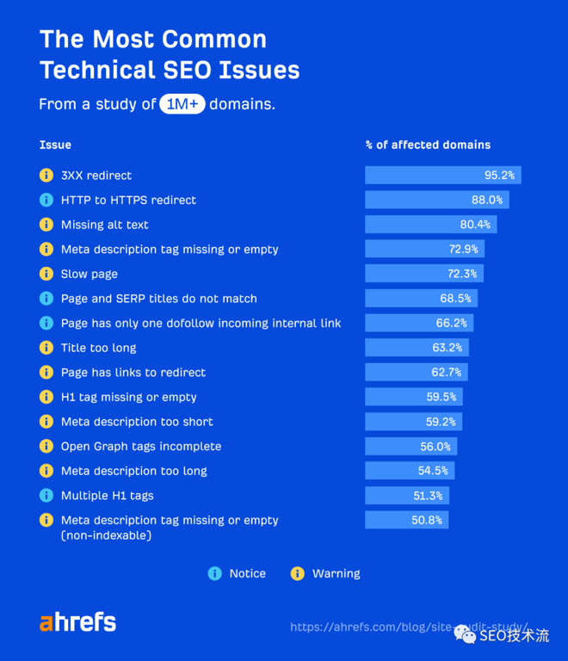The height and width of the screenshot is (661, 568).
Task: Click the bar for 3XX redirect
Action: point(442,176)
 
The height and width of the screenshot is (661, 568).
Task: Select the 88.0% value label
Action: point(486,201)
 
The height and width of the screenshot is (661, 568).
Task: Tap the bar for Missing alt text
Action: point(430,225)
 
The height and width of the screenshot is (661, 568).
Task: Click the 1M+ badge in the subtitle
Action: point(182,105)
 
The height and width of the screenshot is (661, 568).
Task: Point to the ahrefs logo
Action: point(77,623)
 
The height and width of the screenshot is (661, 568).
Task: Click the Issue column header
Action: point(55,145)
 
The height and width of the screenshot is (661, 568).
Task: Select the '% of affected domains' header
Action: point(428,145)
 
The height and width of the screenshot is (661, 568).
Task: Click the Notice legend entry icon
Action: point(215,573)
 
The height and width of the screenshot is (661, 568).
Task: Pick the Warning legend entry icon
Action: point(298,573)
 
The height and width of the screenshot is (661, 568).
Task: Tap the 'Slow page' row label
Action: point(90,274)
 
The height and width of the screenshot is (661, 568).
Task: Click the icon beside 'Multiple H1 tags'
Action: point(46,496)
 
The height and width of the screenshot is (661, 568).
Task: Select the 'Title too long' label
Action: point(98,348)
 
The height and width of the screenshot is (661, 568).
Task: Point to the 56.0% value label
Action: point(435,447)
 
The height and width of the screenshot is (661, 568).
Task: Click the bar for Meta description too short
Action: point(413,422)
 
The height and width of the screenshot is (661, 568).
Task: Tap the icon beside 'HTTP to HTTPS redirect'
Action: point(46,201)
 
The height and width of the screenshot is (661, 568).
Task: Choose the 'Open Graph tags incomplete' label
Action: point(141,447)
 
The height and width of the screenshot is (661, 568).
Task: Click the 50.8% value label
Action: point(427,521)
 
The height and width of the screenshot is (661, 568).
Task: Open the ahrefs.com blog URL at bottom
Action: point(409,627)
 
